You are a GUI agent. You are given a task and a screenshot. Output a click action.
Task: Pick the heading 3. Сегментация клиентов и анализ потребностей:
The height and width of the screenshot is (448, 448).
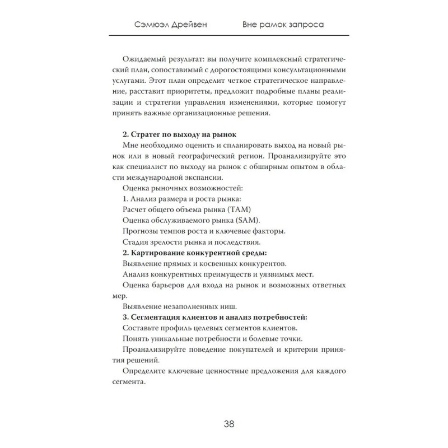pyautogui.click(x=214, y=316)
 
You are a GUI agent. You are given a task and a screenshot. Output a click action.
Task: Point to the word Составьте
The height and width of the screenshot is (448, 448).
pyautogui.click(x=142, y=328)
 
